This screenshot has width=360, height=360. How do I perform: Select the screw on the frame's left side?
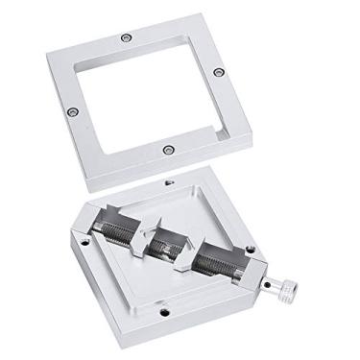[70, 112]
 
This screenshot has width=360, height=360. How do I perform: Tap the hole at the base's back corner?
[170, 181]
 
